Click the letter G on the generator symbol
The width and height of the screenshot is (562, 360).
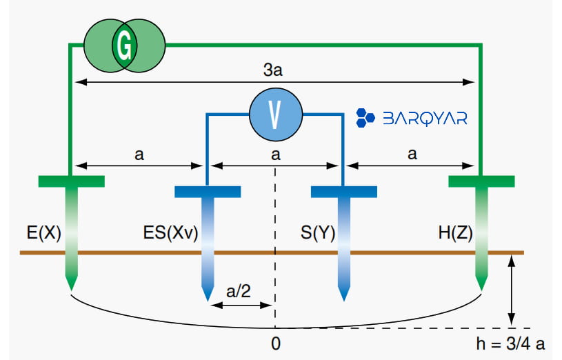124,46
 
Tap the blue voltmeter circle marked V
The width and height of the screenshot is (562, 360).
276,114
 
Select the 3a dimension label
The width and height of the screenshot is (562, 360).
273,70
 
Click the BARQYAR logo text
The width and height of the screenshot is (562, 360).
425,119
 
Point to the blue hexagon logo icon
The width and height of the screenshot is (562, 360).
365,118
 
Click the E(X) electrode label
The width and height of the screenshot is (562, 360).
44,233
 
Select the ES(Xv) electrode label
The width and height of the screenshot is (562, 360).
170,233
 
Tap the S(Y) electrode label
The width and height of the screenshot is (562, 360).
318,233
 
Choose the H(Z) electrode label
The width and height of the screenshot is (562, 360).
456,233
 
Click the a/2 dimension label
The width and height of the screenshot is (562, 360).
239,291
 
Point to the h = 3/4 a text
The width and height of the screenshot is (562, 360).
510,344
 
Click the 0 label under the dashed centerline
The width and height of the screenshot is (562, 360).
276,344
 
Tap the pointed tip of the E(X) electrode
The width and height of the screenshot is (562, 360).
71,290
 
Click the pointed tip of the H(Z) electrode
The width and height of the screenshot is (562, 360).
481,290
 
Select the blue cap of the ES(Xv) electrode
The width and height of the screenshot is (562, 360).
208,192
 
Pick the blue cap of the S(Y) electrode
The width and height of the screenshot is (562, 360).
343,192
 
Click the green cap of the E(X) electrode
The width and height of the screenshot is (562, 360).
71,181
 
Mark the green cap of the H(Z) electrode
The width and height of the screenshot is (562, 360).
481,181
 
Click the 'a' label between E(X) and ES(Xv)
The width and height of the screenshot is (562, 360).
139,155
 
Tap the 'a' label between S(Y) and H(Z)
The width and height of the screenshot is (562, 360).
412,154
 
